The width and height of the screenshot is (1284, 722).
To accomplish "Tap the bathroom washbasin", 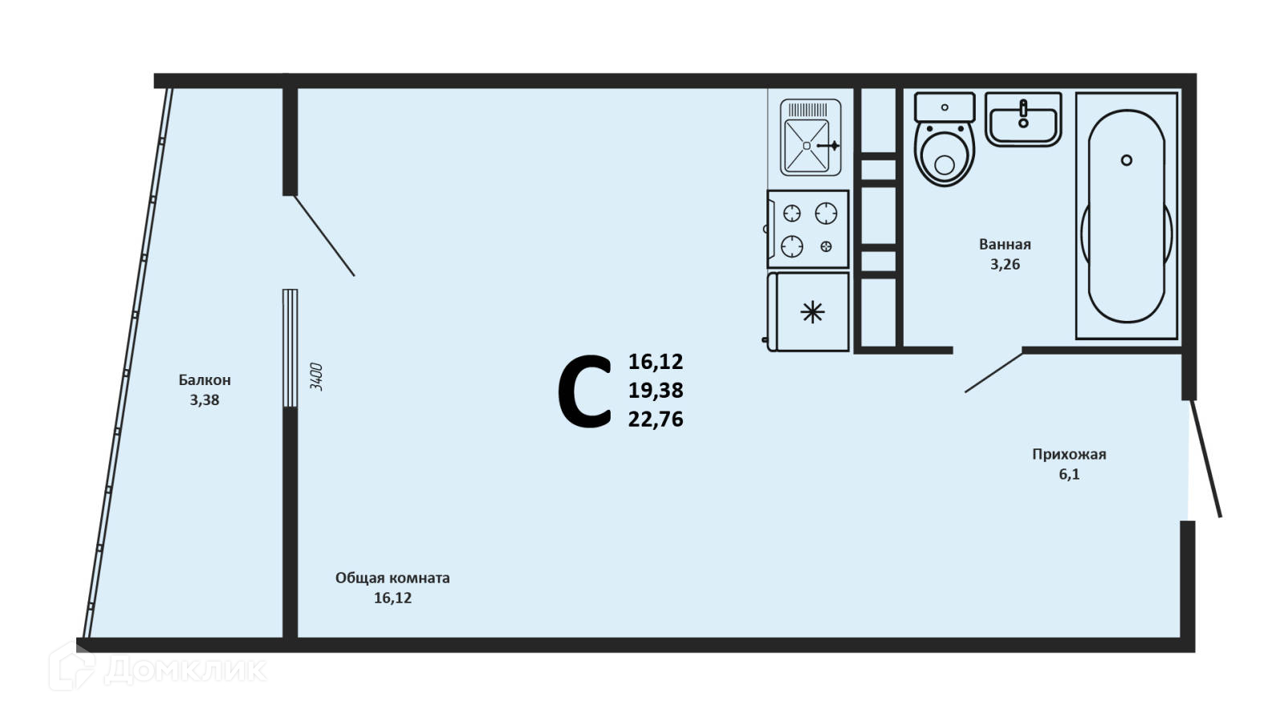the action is [1023, 120].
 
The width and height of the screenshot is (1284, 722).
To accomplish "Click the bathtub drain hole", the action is [1127, 160].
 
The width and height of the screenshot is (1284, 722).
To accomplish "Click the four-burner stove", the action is [808, 229].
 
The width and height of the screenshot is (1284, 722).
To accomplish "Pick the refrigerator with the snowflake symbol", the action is [809, 312].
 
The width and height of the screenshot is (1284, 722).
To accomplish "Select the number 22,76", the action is [656, 420].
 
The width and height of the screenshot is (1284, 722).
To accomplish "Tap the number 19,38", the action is [656, 391].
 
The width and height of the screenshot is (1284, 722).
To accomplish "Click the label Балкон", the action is [205, 380].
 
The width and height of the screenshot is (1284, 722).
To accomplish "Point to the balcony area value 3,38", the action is [205, 400].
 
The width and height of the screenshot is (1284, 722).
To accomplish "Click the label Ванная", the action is [1005, 245].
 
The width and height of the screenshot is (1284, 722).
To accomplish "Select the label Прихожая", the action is [1069, 455].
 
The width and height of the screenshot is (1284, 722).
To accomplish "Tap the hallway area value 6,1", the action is [1069, 475].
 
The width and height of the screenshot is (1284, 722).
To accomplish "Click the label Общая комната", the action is [392, 578].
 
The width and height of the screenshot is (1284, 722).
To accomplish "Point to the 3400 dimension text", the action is [316, 376].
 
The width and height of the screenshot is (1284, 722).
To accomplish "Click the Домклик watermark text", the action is [185, 668].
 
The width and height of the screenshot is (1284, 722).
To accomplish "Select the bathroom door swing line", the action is [993, 372].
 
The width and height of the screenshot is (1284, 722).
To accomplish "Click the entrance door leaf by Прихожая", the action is [1206, 459].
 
